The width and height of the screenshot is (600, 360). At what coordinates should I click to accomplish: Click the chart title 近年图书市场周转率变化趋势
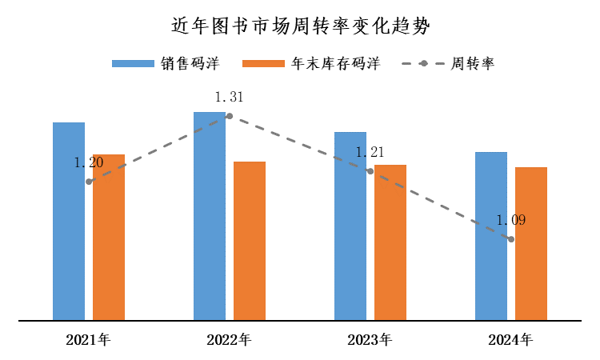[x=300, y=26]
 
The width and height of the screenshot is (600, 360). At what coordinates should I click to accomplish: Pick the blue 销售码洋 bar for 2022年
[x=210, y=216]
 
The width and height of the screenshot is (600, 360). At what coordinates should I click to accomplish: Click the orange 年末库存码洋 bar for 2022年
[x=250, y=241]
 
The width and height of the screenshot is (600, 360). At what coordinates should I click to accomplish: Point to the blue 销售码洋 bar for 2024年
[x=491, y=236]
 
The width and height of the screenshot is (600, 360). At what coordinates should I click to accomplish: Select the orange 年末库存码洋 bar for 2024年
[x=531, y=244]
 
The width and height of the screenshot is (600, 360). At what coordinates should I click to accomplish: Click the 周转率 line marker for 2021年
[x=89, y=182]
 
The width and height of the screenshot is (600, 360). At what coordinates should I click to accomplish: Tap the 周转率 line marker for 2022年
[x=230, y=116]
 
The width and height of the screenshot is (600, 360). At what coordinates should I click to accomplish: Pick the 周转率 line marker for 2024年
[x=511, y=239]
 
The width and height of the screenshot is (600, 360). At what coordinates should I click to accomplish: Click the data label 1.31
[x=229, y=98]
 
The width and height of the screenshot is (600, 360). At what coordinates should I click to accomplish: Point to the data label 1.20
[x=89, y=163]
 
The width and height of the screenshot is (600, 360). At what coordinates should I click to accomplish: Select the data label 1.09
[x=510, y=221]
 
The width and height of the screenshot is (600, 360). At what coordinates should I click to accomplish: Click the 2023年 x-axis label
[x=370, y=340]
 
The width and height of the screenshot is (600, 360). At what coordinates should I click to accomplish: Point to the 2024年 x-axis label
[x=510, y=340]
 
